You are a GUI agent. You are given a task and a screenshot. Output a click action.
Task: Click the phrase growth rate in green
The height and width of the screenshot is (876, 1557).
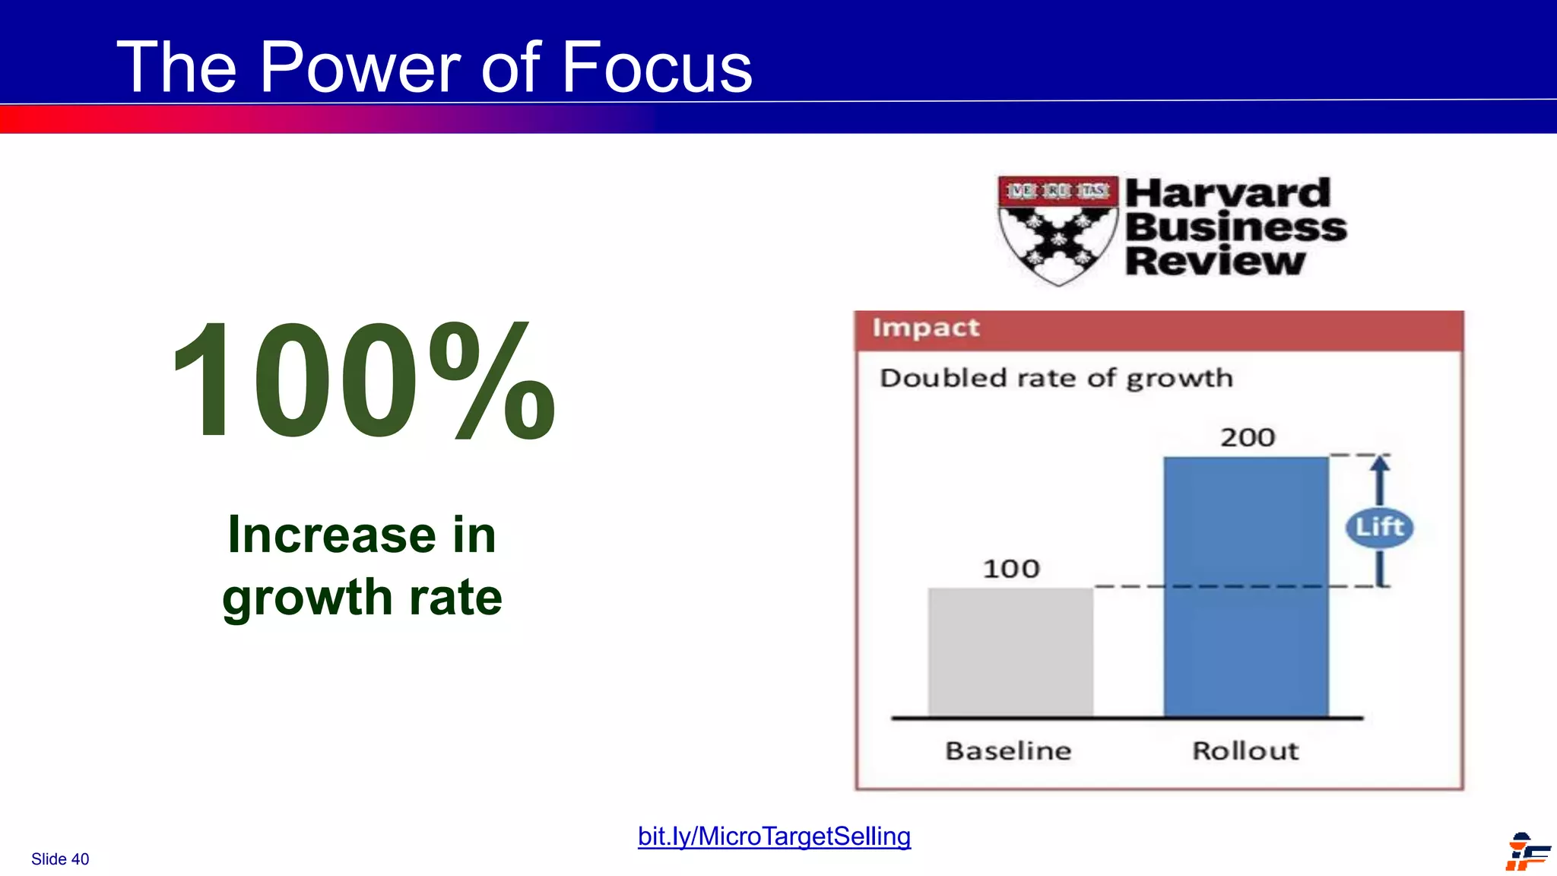pyautogui.click(x=362, y=597)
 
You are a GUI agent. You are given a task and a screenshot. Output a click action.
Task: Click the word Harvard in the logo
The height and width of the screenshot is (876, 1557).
pyautogui.click(x=1227, y=193)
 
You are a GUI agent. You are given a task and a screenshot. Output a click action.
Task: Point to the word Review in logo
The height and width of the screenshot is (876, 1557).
pyautogui.click(x=1215, y=262)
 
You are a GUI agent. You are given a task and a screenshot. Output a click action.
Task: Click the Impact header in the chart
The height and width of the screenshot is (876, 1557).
pyautogui.click(x=925, y=328)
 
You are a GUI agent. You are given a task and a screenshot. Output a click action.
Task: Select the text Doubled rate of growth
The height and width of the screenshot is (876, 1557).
pyautogui.click(x=1055, y=378)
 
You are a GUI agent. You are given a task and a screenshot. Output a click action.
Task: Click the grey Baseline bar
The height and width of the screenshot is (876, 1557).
pyautogui.click(x=1010, y=652)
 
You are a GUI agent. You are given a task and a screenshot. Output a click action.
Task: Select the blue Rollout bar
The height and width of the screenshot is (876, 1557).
pyautogui.click(x=1245, y=586)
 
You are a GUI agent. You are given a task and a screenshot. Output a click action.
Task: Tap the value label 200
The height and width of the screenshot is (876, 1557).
pyautogui.click(x=1248, y=437)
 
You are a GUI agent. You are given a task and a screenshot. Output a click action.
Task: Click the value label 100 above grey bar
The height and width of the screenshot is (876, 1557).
pyautogui.click(x=1010, y=569)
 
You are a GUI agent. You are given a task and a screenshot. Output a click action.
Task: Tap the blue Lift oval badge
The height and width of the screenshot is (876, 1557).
pyautogui.click(x=1379, y=527)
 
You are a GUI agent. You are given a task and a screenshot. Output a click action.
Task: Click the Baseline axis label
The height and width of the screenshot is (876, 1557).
pyautogui.click(x=1008, y=751)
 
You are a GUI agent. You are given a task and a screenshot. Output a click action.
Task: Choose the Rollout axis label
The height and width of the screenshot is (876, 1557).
pyautogui.click(x=1245, y=751)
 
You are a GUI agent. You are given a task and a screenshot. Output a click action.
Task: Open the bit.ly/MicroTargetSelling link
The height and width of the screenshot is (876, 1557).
pyautogui.click(x=774, y=836)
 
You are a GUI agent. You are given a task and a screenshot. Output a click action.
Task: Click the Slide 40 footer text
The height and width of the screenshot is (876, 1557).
pyautogui.click(x=60, y=859)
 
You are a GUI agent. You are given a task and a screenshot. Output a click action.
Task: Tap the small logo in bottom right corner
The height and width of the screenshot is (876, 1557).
pyautogui.click(x=1527, y=852)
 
